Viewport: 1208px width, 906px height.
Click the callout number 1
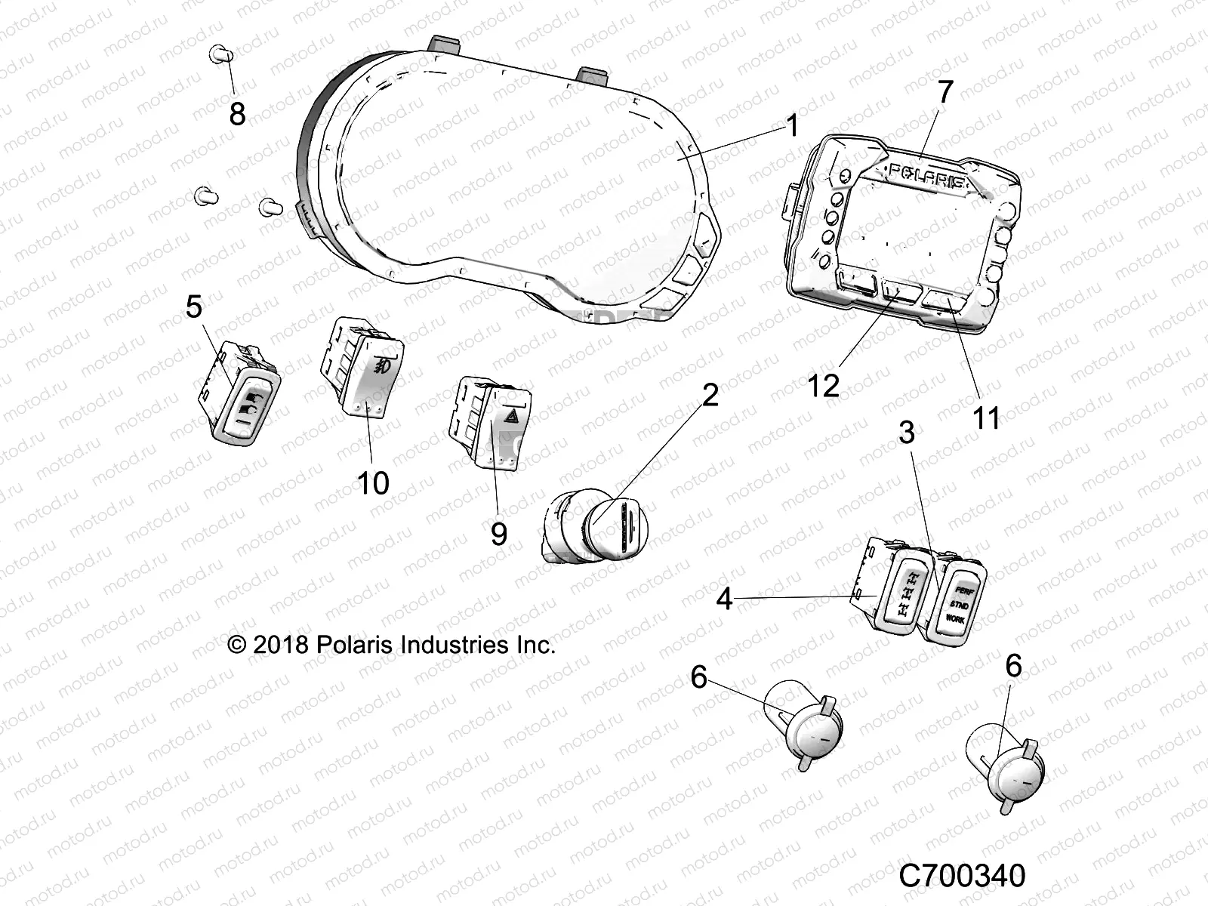(791, 125)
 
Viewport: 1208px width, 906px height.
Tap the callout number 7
(945, 93)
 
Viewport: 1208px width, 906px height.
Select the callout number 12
(823, 386)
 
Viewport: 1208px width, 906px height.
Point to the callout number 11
(987, 417)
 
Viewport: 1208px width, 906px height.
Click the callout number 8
(237, 115)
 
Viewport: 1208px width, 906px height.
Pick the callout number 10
(372, 482)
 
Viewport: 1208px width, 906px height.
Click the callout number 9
(498, 534)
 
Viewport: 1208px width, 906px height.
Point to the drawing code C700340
(963, 877)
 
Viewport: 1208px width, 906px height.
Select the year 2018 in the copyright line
(279, 646)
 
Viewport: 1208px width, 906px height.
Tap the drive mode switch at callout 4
(898, 593)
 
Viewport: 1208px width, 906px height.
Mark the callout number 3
(907, 433)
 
